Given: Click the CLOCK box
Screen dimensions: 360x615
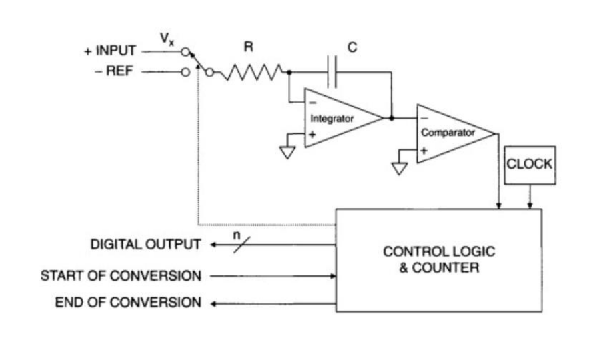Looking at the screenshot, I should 530,164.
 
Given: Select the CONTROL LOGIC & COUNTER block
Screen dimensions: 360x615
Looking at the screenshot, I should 438,260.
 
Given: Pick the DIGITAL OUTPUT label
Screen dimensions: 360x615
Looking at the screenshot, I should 145,245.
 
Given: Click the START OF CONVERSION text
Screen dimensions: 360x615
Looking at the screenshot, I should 121,275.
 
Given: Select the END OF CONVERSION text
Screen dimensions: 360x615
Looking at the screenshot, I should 128,303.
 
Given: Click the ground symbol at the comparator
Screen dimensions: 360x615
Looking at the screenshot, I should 399,167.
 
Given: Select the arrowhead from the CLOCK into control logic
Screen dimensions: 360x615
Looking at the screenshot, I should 530,205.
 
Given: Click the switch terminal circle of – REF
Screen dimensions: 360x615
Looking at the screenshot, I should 186,72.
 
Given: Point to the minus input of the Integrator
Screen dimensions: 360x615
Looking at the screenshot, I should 312,103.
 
